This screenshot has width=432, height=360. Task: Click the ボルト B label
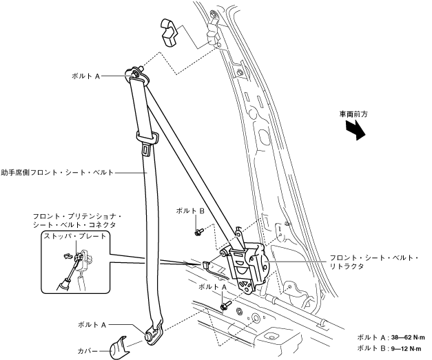pyautogui.click(x=190, y=212)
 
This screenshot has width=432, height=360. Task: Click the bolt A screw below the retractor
pyautogui.click(x=225, y=303)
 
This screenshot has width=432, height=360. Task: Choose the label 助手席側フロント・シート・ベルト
pyautogui.click(x=56, y=172)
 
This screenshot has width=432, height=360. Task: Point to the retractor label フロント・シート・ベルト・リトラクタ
pyautogui.click(x=374, y=262)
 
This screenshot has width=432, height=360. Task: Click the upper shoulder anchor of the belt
pyautogui.click(x=135, y=73)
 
